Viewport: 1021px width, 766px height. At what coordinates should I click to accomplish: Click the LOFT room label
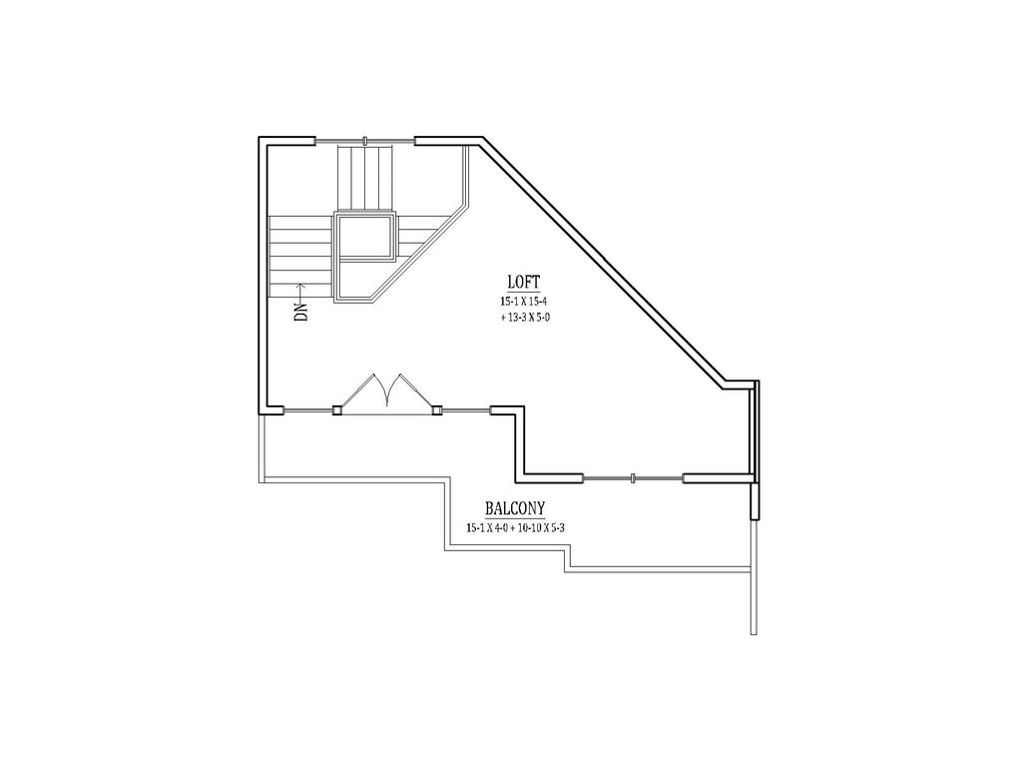point(525,282)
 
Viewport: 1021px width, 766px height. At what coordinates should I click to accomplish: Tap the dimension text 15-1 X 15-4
point(525,301)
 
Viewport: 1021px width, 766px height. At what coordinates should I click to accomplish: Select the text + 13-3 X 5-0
point(526,317)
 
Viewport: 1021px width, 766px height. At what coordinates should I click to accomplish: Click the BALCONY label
point(515,508)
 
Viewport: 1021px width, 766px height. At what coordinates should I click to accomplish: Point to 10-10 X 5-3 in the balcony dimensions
point(558,527)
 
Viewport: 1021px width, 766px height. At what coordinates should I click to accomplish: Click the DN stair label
point(300,312)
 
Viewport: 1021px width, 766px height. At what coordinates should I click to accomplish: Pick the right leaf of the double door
point(409,391)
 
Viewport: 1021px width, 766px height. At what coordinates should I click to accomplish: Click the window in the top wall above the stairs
point(365,140)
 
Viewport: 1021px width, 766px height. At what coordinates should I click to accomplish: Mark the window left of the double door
point(309,408)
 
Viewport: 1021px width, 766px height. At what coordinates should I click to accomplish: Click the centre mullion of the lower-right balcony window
point(634,478)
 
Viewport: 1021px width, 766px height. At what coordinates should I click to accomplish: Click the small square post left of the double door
point(337,408)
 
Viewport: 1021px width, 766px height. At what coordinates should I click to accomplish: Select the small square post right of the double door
point(436,408)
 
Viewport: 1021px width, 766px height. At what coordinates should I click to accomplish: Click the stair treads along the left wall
point(299,255)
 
